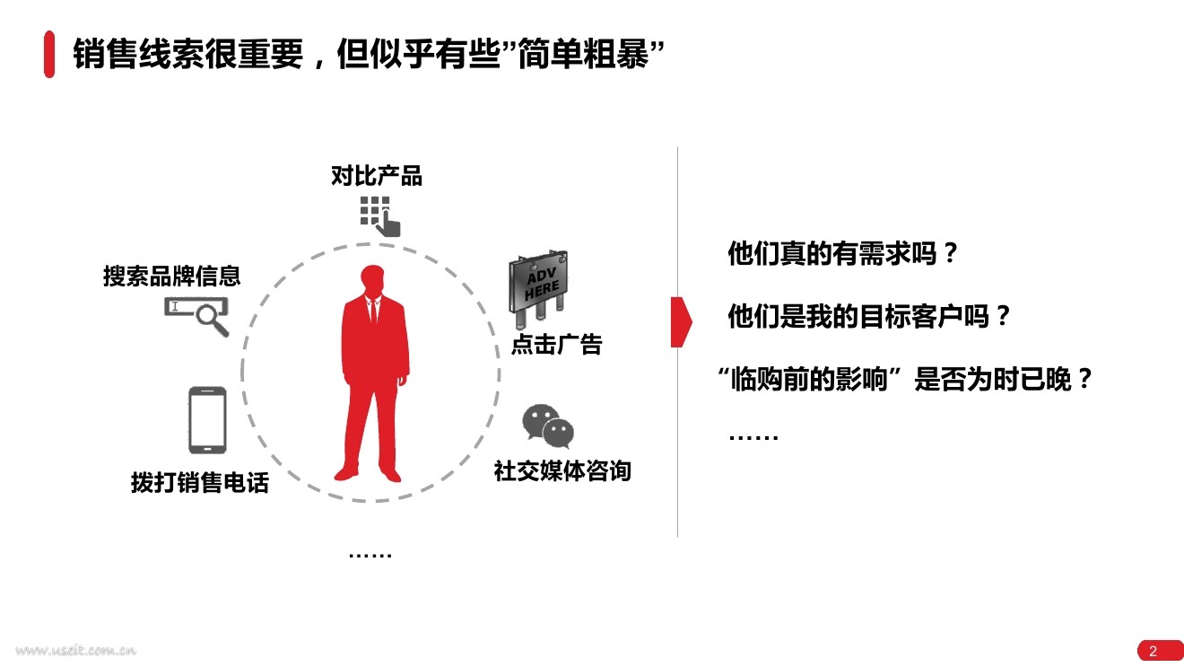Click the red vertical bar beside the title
coord(49,55)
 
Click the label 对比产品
coord(377,176)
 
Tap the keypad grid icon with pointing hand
coord(379,215)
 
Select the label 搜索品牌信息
coord(172,276)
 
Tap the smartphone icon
coord(207,420)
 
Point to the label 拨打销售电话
coord(200,482)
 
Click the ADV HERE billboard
coord(538,282)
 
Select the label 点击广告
coord(556,344)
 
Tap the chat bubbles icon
coord(548,426)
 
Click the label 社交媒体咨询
coord(562,470)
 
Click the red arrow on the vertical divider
coord(682,320)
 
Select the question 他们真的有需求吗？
coord(843,254)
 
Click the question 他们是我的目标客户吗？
coord(870,317)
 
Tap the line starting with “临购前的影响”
coord(907,380)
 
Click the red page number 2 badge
coord(1154,651)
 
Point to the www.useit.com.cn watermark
coord(75,650)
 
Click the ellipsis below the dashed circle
coord(370,555)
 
